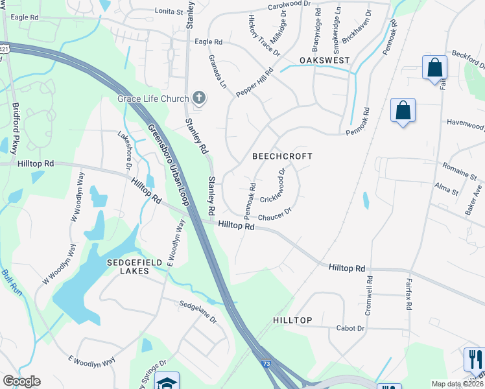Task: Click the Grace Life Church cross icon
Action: pyautogui.click(x=199, y=99)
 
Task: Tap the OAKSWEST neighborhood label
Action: pyautogui.click(x=324, y=60)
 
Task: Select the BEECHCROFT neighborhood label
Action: pyautogui.click(x=282, y=156)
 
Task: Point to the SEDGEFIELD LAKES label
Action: pyautogui.click(x=128, y=266)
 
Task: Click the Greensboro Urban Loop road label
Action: pyautogui.click(x=167, y=162)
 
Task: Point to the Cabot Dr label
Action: pyautogui.click(x=350, y=328)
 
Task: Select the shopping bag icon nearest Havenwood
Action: pyautogui.click(x=403, y=110)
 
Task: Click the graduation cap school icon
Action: pyautogui.click(x=167, y=382)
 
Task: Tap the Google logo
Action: pyautogui.click(x=21, y=381)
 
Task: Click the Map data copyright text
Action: pyautogui.click(x=457, y=384)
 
